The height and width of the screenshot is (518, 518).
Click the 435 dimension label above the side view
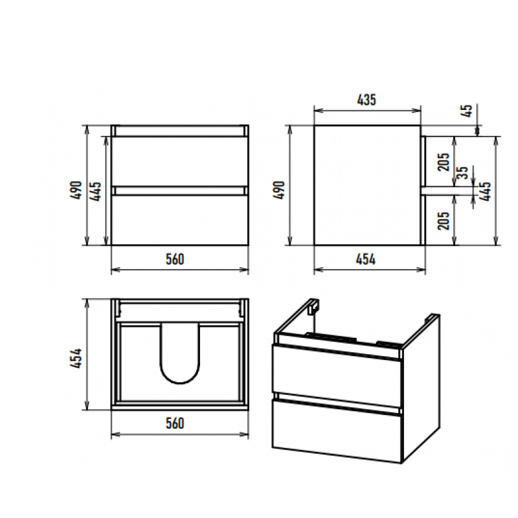coord(366,100)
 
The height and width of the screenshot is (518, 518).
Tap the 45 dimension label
coord(467,111)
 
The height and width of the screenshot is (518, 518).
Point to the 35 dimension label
coord(463,173)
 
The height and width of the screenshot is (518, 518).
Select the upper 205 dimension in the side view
coord(444,162)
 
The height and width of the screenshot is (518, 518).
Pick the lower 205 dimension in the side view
coord(444,221)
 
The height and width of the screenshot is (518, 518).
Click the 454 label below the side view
coord(366,260)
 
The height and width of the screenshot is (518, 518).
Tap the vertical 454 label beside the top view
coord(76,358)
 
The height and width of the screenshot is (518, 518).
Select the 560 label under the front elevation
coord(175,260)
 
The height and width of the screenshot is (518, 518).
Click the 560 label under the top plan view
coord(175,423)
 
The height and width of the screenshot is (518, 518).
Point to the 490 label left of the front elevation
coord(76,190)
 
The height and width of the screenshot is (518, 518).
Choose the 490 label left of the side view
coord(279,190)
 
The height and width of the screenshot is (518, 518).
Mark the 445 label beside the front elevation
coord(95,191)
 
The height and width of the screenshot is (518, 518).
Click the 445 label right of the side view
coord(485,191)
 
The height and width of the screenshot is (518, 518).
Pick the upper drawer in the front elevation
coord(180,161)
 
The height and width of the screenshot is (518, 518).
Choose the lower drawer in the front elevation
coord(180,220)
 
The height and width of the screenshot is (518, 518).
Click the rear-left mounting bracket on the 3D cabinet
coord(313,306)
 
